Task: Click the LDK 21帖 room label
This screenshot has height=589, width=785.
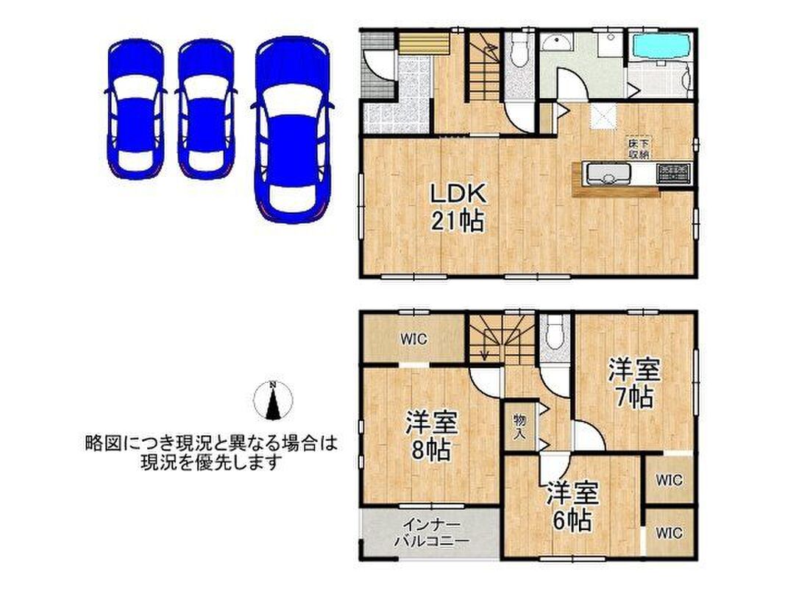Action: pos(458,207)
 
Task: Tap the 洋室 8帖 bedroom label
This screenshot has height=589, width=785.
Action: pos(432,435)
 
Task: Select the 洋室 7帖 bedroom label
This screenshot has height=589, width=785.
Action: pos(634,383)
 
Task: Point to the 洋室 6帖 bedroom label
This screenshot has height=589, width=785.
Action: pos(572,506)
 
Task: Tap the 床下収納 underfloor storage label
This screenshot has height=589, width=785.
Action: pos(639,148)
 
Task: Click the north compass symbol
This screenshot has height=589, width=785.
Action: pos(273,401)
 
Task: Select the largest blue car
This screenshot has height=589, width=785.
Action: pos(292,130)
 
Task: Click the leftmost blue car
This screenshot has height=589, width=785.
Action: pos(135,109)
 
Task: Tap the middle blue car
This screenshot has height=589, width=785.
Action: pos(206,109)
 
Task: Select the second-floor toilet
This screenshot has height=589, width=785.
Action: pos(555,332)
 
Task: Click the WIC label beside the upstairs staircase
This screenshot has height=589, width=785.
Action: pos(414,339)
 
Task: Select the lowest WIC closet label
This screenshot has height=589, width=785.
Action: pos(669,532)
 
